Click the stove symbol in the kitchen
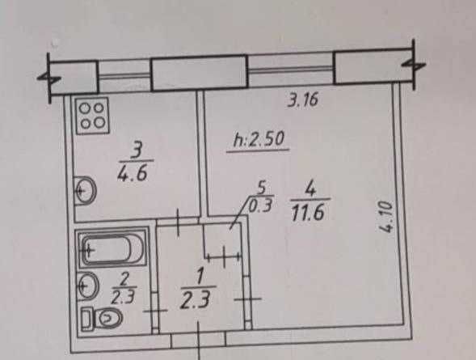93,116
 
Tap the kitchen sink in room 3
86,191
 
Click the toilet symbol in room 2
101,318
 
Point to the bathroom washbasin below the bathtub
88,286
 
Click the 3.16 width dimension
303,100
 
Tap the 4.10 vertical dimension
387,217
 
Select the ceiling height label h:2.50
259,140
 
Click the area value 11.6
308,212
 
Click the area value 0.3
260,206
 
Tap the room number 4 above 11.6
310,189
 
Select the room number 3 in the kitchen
136,150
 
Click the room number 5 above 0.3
261,188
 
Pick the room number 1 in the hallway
200,277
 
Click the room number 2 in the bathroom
124,278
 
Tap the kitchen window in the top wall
124,76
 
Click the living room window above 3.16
290,70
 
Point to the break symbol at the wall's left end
49,78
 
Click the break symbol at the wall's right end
414,65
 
